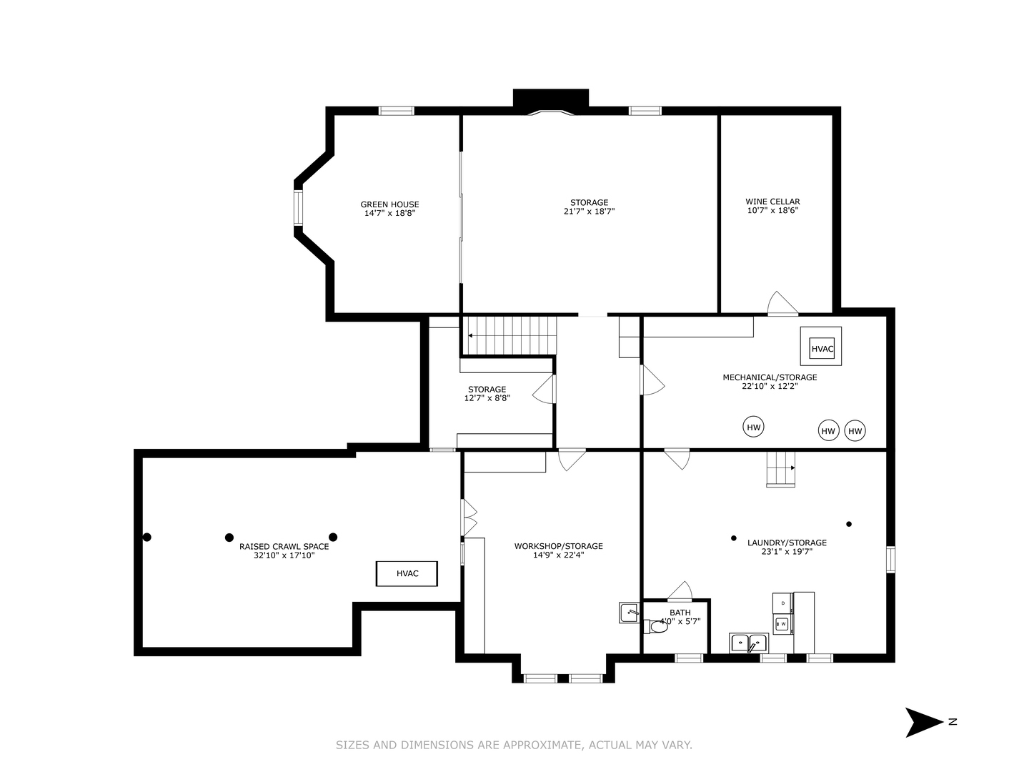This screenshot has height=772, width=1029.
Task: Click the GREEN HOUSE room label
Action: [389, 204]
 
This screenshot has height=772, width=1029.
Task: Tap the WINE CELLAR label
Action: [772, 202]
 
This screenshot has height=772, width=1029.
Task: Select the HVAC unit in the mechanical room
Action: [822, 349]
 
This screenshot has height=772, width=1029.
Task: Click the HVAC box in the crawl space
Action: [407, 573]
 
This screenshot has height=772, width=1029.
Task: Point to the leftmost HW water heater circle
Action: [753, 427]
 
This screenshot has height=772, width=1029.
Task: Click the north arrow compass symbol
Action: [925, 722]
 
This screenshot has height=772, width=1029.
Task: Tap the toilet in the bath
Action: [656, 627]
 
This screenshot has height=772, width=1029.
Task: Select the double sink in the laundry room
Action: [748, 643]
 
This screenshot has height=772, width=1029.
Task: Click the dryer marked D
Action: [782, 603]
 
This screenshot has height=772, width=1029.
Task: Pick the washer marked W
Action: [782, 624]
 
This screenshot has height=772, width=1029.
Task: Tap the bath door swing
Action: [681, 590]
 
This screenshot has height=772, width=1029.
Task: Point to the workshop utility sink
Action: [629, 613]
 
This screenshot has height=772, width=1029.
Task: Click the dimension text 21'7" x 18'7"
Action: [589, 212]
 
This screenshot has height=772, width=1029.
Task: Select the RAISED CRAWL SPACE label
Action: [284, 546]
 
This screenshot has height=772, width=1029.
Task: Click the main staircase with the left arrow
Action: [512, 335]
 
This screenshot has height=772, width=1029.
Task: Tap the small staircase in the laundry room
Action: [780, 469]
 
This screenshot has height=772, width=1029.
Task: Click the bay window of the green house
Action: [298, 208]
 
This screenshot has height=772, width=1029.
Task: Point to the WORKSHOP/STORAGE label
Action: [558, 546]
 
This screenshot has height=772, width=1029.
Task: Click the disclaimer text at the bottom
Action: [514, 745]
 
